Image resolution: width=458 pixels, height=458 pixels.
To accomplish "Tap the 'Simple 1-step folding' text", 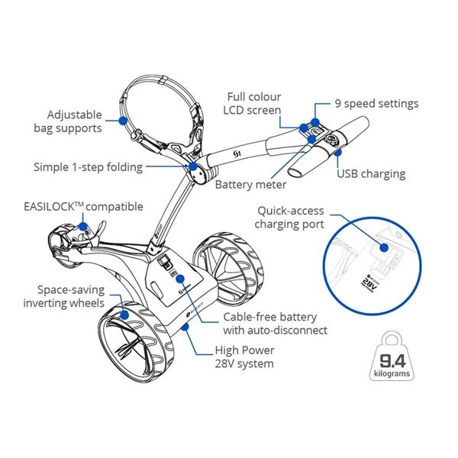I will pos(88,166).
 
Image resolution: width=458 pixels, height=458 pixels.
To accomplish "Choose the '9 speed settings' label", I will pos(376,103).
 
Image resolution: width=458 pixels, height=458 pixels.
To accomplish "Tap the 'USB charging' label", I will pos(371,173).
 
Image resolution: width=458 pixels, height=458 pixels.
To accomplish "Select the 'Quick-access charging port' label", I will pos(290,217).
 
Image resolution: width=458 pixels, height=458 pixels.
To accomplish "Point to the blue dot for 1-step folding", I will pos(193,165).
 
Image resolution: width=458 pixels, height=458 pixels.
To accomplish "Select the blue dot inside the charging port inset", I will pos(379,246).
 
